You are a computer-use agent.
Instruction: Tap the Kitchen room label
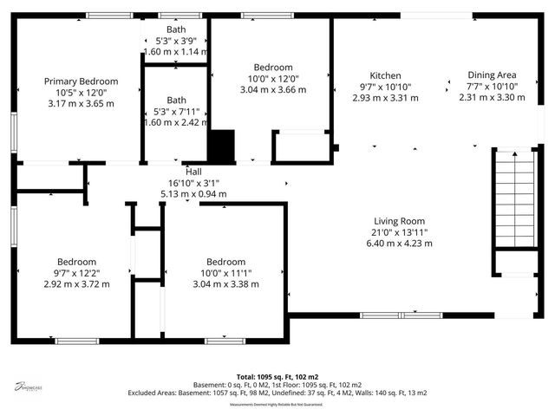click(x=385, y=75)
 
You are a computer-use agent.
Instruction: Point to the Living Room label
click(x=398, y=220)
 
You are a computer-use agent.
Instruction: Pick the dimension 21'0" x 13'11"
click(x=398, y=231)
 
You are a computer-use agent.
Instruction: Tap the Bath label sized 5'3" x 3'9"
click(x=176, y=29)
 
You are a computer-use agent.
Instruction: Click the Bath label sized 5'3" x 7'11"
click(x=176, y=100)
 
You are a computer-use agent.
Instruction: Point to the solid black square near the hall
click(x=224, y=146)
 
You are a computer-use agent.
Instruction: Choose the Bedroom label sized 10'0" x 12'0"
click(x=272, y=68)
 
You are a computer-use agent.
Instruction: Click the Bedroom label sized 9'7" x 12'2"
click(x=76, y=262)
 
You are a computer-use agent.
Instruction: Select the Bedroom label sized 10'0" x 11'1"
click(x=225, y=262)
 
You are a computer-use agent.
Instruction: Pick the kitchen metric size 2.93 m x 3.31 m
click(x=385, y=98)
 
